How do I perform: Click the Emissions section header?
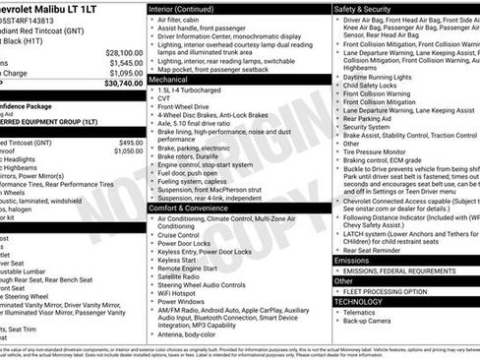pyautogui.click(x=356, y=261)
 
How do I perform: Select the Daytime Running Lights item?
pyautogui.click(x=383, y=76)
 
